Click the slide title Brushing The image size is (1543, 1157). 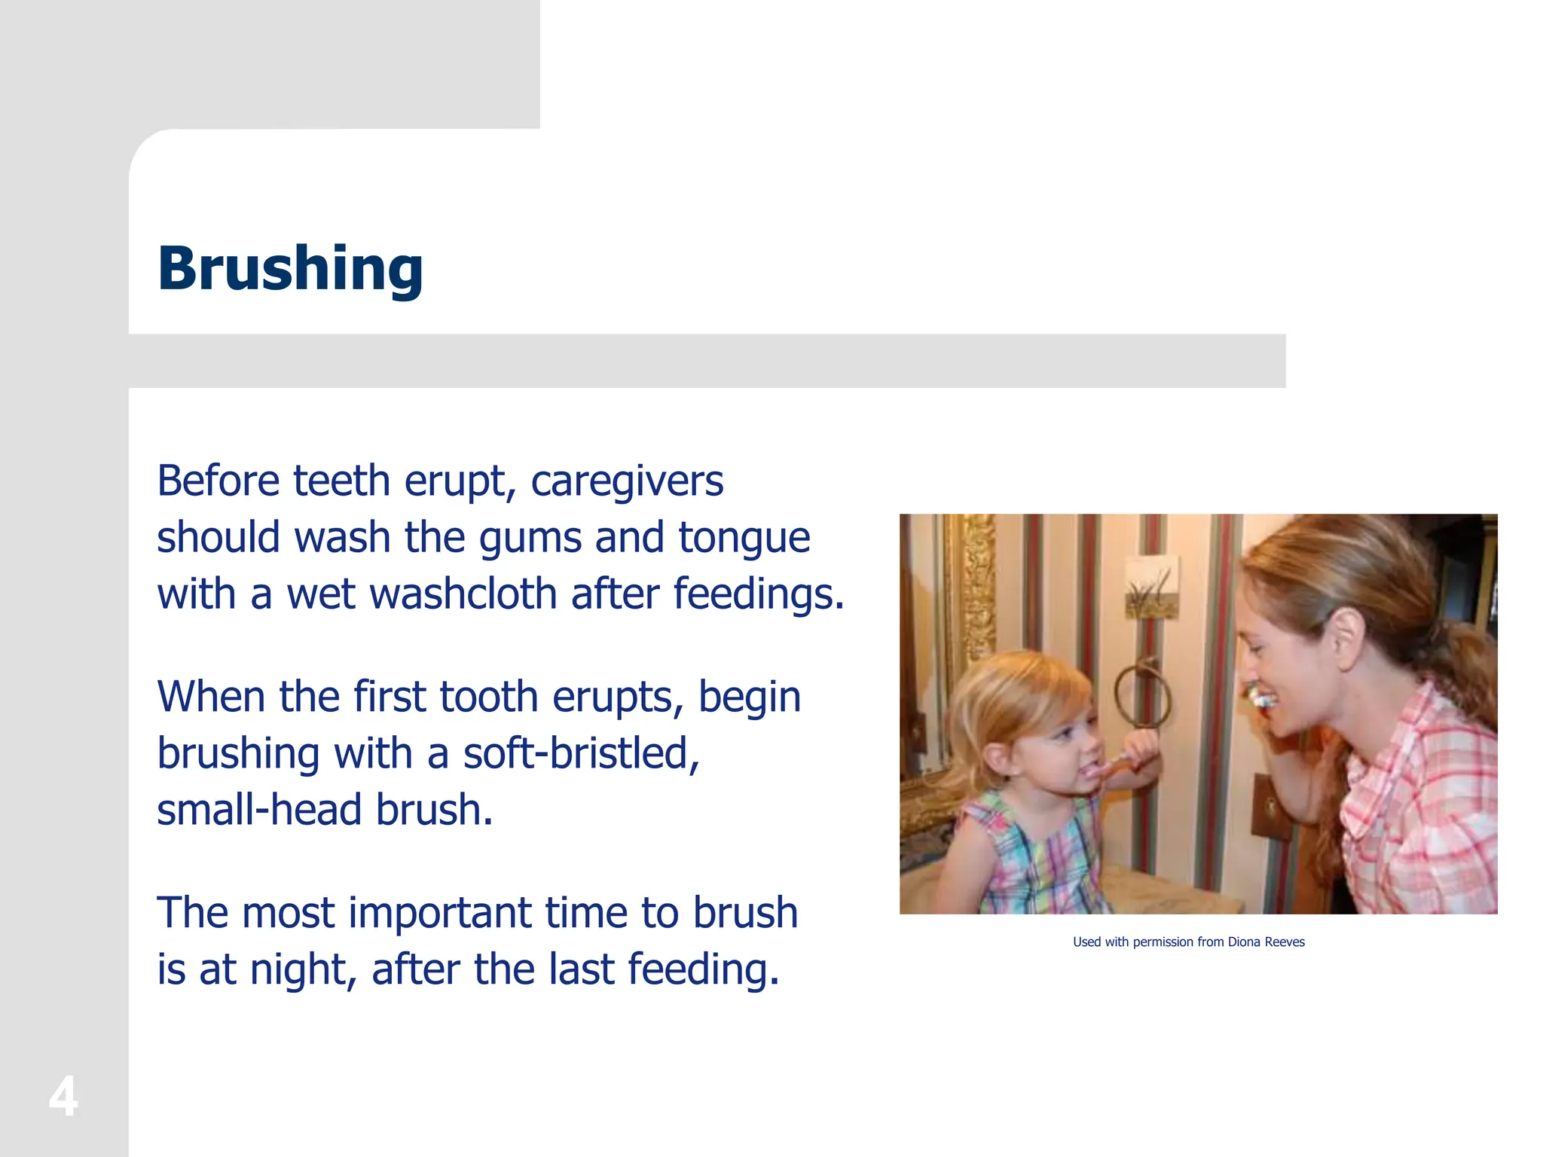(x=290, y=268)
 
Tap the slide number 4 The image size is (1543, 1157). (x=63, y=1097)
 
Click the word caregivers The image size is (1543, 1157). (x=627, y=481)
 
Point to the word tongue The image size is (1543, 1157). (x=744, y=538)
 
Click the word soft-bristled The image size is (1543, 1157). (x=581, y=753)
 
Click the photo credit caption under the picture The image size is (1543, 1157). (x=1188, y=942)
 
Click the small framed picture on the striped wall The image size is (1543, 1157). (x=1150, y=587)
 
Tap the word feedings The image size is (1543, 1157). (x=758, y=594)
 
